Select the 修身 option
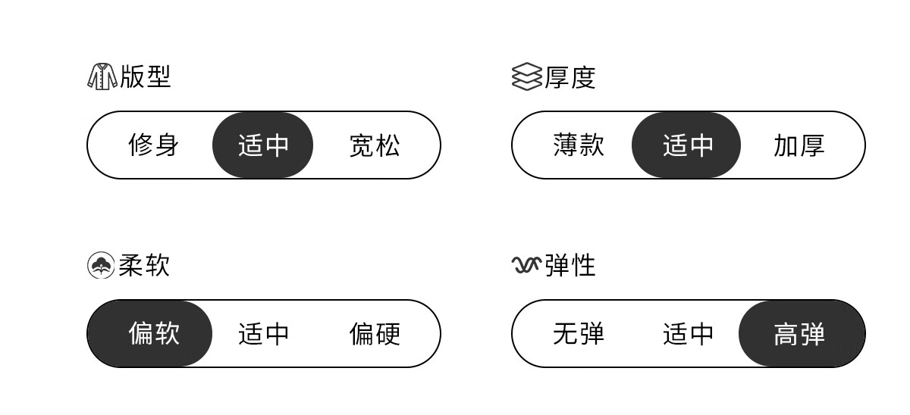(153, 145)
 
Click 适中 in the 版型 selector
(263, 145)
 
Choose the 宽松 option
(375, 145)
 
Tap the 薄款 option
(579, 145)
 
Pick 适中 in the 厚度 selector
(686, 145)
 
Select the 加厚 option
(799, 145)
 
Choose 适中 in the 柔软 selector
(263, 333)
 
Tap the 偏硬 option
(375, 333)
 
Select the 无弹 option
(579, 333)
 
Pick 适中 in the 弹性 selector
(688, 333)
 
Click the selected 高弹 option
(802, 333)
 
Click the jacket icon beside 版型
(102, 76)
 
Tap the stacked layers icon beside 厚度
(526, 76)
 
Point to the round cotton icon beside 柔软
(101, 265)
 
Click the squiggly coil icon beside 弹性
(526, 265)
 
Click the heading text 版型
(146, 76)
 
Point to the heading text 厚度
(570, 77)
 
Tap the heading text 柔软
(144, 265)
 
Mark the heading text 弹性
(570, 265)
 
